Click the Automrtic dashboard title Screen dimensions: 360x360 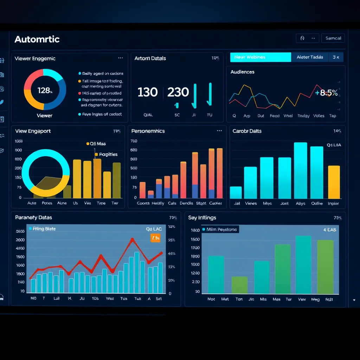click(37, 39)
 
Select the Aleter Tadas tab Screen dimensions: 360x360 click(310, 57)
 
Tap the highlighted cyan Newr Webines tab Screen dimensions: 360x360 click(260, 57)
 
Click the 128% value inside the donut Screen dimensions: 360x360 click(45, 91)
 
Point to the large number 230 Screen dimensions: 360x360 click(178, 92)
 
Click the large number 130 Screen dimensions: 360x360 click(147, 92)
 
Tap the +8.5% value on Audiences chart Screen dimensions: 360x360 click(327, 93)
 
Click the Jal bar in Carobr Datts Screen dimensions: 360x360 click(236, 193)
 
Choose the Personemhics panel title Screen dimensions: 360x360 click(148, 131)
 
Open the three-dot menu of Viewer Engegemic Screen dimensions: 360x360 click(121, 58)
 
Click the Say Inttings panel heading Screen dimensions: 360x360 click(202, 218)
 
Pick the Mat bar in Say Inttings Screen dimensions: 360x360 click(239, 285)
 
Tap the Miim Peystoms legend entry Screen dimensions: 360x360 click(220, 230)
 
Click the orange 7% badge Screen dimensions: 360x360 click(155, 238)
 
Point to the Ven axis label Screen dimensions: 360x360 click(302, 299)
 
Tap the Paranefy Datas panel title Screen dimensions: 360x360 click(33, 218)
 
